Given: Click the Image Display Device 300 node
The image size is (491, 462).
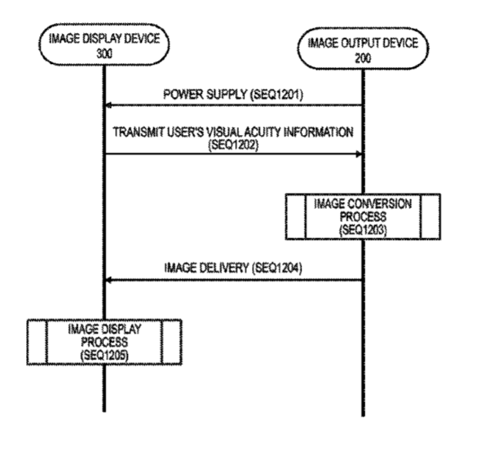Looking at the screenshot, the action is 104,45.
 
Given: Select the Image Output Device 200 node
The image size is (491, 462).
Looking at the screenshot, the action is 363,49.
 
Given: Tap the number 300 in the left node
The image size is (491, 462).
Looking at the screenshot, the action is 104,54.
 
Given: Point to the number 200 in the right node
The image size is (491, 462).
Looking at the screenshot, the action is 363,58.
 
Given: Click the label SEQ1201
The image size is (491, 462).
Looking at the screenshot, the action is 277,94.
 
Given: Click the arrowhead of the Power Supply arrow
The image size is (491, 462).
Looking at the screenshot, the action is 109,106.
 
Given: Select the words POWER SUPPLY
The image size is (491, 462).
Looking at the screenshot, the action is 205,94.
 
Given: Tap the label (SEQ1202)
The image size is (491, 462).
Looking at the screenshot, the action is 234,145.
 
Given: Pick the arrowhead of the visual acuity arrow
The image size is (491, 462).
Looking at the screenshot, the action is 359,154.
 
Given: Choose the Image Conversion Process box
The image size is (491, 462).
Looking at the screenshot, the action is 363,217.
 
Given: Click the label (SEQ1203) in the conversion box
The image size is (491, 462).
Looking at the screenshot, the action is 363,230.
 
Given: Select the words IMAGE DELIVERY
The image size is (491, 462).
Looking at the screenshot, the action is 207,268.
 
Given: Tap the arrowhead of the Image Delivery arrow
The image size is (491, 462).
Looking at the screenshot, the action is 109,280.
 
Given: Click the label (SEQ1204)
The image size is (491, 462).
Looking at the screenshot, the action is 277,268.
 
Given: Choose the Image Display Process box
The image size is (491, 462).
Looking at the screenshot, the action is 104,342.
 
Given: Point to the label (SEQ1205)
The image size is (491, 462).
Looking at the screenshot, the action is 104,355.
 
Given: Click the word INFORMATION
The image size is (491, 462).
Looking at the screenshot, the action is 319,132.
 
